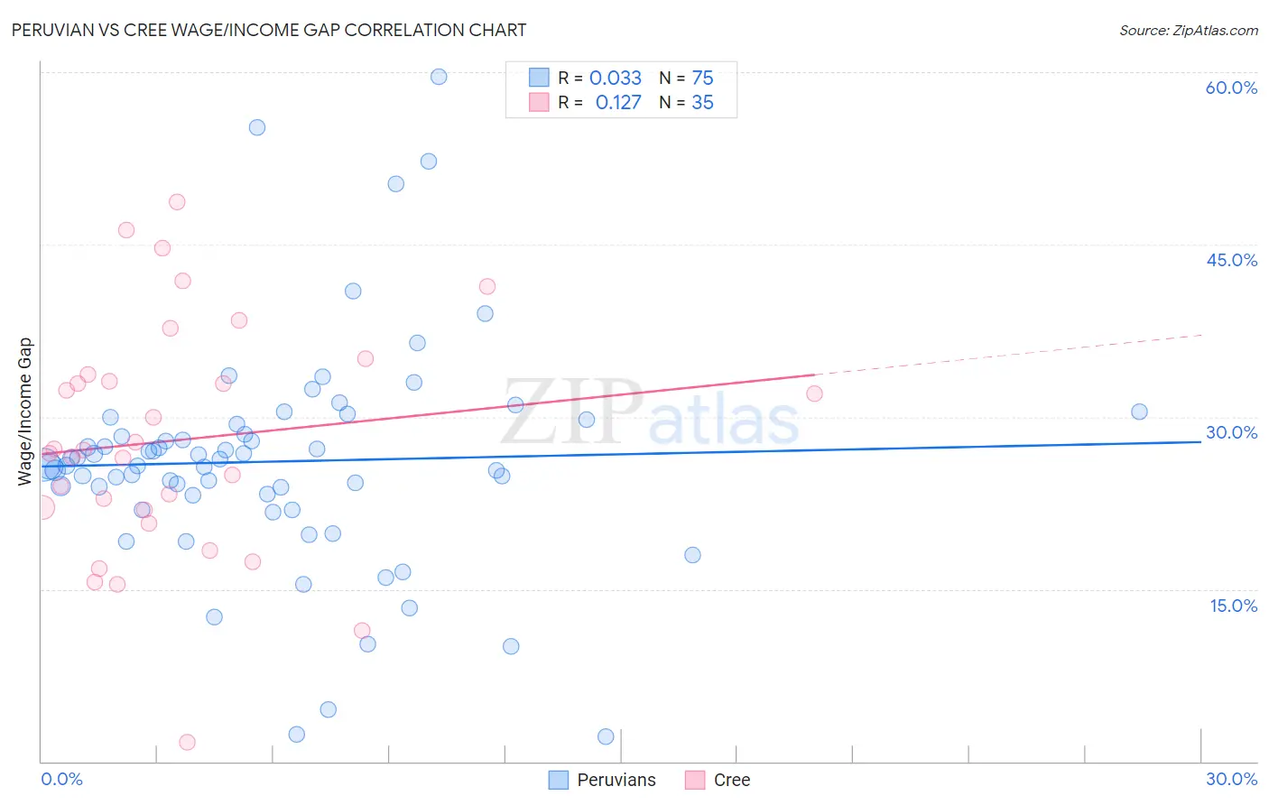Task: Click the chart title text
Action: (269, 30)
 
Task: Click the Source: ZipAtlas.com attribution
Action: (1188, 30)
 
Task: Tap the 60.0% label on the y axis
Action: (1231, 88)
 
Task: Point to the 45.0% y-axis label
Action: (1231, 260)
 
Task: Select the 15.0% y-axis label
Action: (1233, 606)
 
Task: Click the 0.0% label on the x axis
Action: (61, 779)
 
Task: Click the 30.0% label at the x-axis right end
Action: (1231, 779)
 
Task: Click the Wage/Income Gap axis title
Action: (25, 412)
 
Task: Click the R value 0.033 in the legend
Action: (616, 79)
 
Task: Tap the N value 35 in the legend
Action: (702, 103)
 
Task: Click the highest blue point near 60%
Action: (439, 77)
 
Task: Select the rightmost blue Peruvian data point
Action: (1139, 412)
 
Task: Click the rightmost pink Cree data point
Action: (814, 393)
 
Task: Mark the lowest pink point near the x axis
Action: (188, 742)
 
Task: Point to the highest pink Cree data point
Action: (177, 202)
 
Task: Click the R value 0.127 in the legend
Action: (618, 103)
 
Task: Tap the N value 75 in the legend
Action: (702, 79)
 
